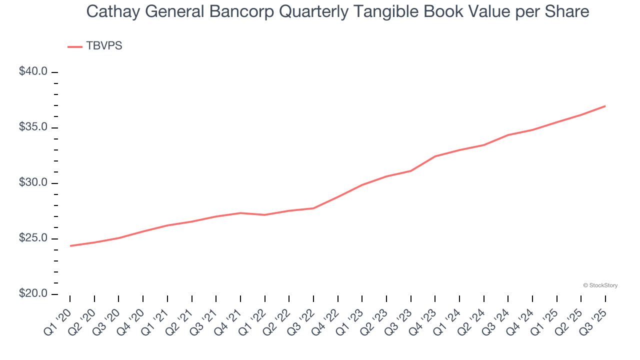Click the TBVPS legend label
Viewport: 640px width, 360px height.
point(104,46)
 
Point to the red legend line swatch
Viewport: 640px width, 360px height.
point(75,46)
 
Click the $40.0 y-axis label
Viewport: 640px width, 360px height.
point(33,71)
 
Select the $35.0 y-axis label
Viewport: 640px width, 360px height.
point(33,127)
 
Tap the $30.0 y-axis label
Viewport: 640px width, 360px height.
point(33,183)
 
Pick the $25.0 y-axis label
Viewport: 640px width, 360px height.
point(33,238)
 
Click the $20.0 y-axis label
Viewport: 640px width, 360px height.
point(33,294)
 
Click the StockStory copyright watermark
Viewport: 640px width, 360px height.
point(600,285)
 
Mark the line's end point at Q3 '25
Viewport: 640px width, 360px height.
point(605,106)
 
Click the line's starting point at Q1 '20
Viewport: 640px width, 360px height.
point(70,245)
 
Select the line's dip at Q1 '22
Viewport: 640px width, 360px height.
point(264,214)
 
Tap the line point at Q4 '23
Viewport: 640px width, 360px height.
point(435,156)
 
